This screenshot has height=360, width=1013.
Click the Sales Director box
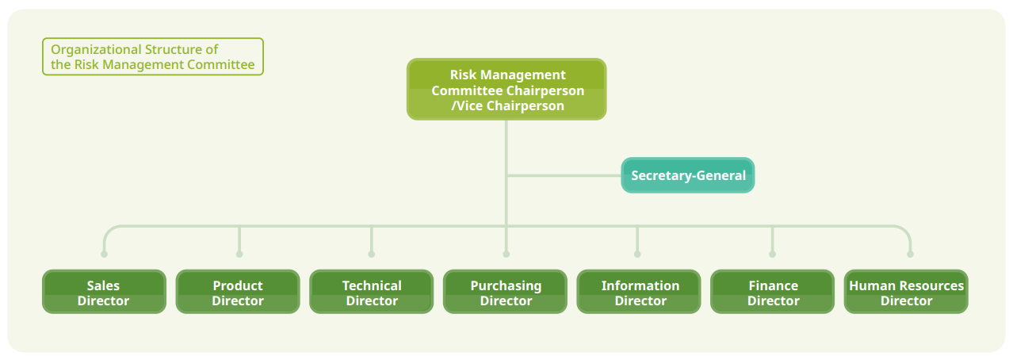[104, 292]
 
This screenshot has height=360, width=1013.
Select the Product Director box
[238, 292]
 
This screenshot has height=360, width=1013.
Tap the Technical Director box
[371, 292]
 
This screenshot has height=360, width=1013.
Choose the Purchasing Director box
[505, 292]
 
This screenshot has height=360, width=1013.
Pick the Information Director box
[639, 292]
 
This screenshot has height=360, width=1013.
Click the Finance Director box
[772, 292]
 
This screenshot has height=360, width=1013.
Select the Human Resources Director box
[906, 292]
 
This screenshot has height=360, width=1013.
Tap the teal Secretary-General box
[688, 175]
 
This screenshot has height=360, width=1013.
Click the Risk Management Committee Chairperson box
[506, 89]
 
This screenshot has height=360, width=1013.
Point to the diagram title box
[153, 56]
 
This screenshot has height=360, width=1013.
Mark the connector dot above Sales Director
[104, 255]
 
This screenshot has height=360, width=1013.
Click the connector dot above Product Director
[239, 255]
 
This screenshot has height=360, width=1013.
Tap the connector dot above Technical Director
[371, 255]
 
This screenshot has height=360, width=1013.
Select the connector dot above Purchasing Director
[506, 255]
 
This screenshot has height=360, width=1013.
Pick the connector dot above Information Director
[637, 255]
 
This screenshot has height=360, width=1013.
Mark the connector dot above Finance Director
[772, 255]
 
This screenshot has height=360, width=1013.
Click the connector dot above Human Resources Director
[910, 255]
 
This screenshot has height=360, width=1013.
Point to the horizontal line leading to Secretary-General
[564, 175]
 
